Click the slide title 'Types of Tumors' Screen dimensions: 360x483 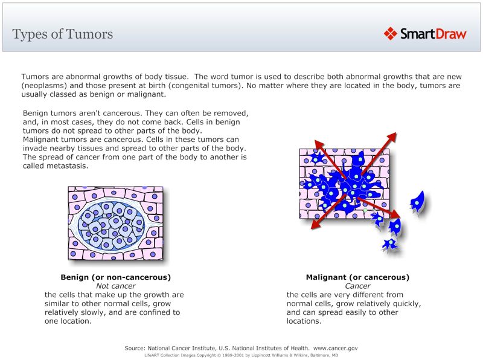point(62,34)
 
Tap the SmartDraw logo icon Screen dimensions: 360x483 point(390,34)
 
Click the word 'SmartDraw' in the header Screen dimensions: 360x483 point(433,34)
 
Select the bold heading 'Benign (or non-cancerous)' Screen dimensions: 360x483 point(115,277)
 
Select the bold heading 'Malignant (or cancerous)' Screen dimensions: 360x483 point(357,277)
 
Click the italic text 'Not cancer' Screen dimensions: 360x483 point(115,286)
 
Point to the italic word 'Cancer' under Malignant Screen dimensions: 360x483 point(357,286)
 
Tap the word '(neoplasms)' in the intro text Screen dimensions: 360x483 point(44,86)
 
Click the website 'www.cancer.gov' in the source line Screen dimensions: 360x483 point(336,348)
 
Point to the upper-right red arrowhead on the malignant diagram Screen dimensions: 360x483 point(392,137)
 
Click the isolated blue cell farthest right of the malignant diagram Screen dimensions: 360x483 point(417,201)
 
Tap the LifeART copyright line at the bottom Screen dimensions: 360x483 point(241,356)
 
